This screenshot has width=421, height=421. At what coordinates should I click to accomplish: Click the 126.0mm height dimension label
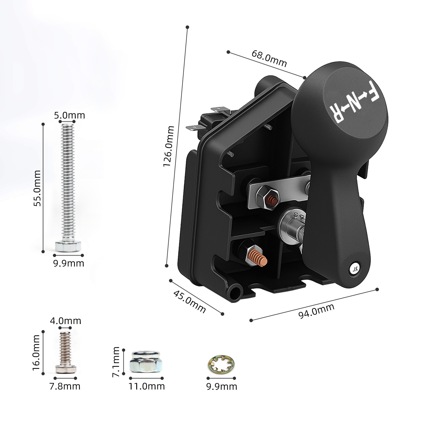[169, 146]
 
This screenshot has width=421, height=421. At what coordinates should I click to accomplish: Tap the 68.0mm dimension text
[269, 58]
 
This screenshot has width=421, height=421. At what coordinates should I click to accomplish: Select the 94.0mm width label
[316, 311]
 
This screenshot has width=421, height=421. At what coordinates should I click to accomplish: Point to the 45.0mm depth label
[189, 302]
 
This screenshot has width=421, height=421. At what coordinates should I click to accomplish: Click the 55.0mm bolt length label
[37, 188]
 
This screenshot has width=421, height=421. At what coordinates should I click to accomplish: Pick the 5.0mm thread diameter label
[70, 115]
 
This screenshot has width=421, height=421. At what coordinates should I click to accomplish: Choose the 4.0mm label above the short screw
[65, 321]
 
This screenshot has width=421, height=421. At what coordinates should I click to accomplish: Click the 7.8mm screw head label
[65, 386]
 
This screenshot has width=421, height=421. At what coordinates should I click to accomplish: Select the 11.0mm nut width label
[146, 386]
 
